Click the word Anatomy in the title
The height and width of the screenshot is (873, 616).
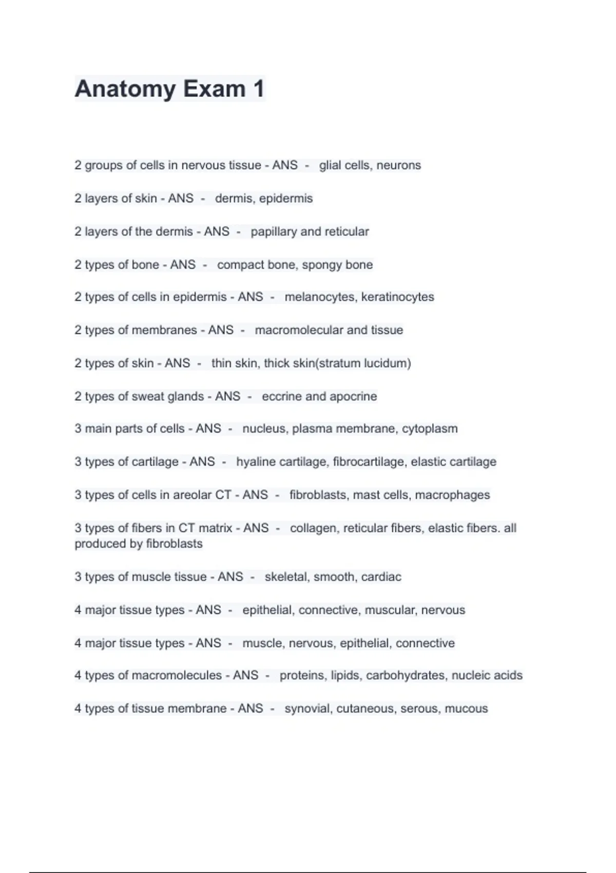click(x=125, y=89)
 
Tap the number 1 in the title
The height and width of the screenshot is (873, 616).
click(x=258, y=88)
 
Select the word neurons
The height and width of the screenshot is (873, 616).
click(x=399, y=165)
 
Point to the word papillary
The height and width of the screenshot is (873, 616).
click(x=274, y=232)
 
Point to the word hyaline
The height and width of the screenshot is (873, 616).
click(x=256, y=462)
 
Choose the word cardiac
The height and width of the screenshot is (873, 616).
click(x=381, y=577)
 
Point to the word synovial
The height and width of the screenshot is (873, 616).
click(x=307, y=709)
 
